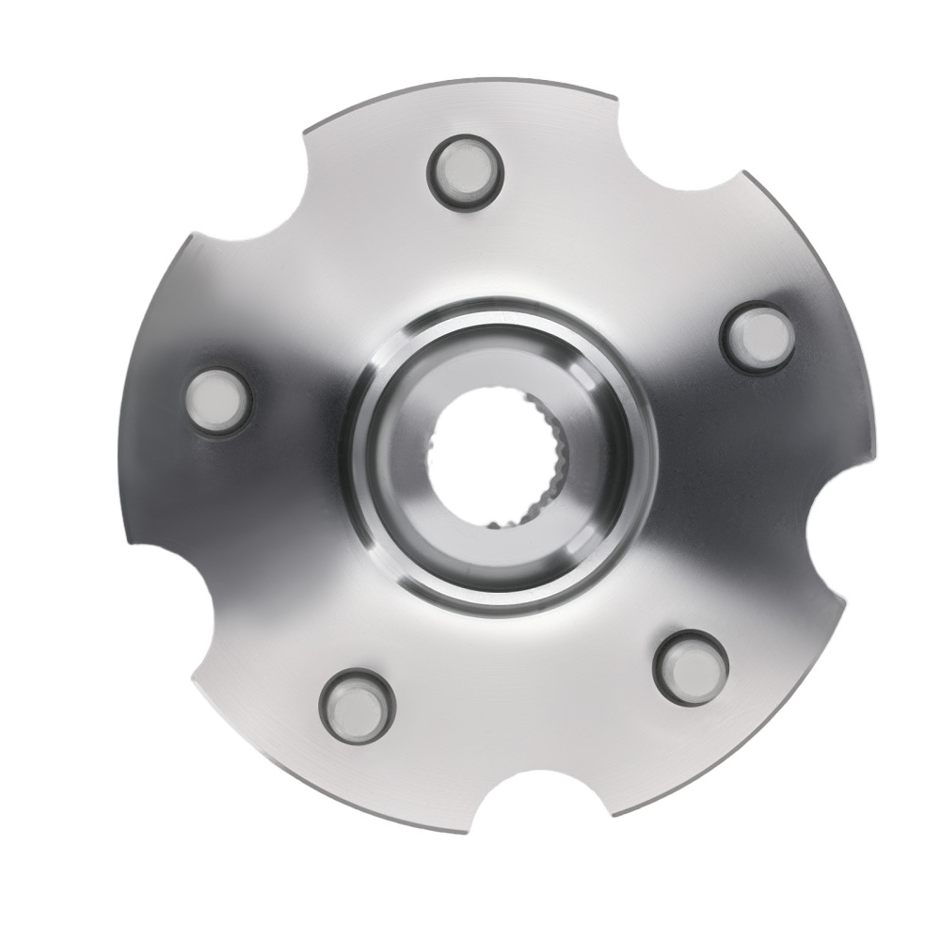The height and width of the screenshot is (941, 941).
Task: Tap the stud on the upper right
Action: pyautogui.click(x=758, y=338)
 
